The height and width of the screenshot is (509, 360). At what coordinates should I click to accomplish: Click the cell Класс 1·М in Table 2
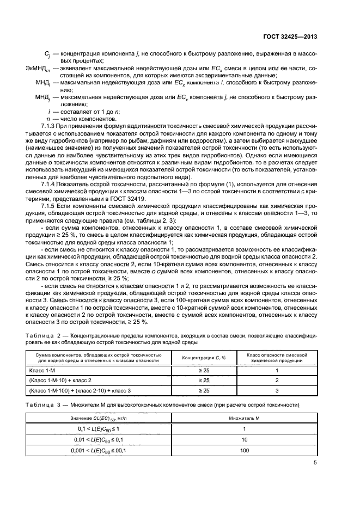43,370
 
